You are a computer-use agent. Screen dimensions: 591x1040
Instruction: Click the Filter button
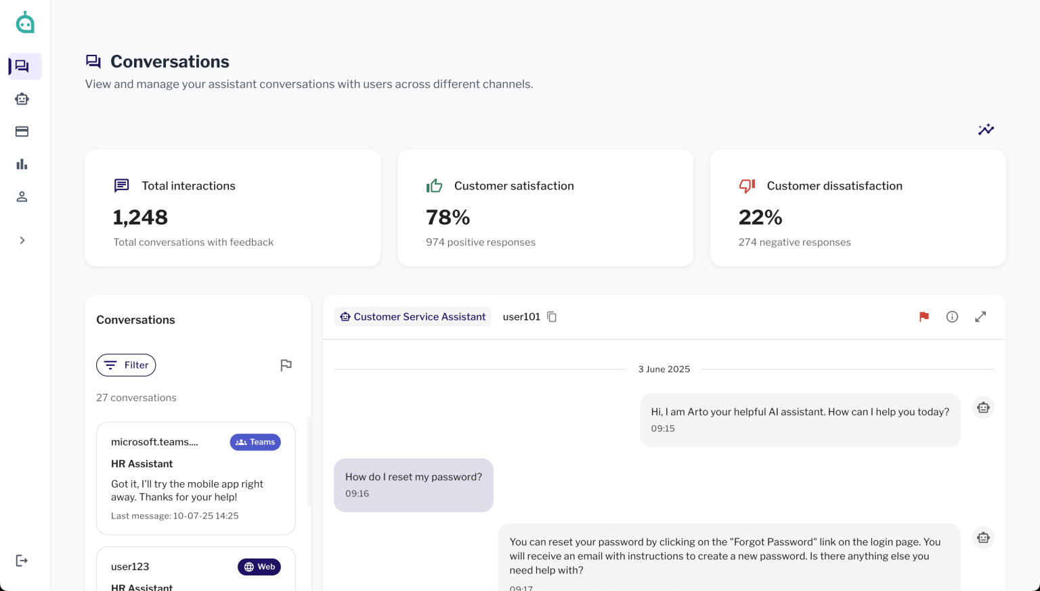tap(126, 365)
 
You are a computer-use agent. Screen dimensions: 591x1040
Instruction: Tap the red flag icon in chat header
tap(924, 316)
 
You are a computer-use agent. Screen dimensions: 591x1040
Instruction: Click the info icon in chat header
tap(952, 316)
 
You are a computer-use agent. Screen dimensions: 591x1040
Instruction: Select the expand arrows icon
tap(980, 316)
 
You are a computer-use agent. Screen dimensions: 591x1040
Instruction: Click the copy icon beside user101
tap(552, 316)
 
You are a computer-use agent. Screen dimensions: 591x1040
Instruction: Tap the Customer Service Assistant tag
tap(412, 316)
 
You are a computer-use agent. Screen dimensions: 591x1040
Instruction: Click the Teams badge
tap(255, 442)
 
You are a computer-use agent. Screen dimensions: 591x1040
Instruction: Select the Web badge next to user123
tap(259, 567)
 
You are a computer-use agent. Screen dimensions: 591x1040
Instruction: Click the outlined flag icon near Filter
tap(286, 365)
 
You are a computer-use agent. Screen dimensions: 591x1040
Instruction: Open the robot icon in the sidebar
tap(22, 99)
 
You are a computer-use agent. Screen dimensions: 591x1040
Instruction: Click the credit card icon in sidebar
tap(22, 132)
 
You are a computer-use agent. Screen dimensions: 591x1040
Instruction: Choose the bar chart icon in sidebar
tap(22, 164)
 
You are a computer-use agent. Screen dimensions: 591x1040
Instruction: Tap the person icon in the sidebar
tap(22, 197)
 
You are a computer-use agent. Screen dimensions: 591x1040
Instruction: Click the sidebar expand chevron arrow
tap(22, 240)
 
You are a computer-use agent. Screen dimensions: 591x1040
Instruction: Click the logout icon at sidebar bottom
tap(22, 561)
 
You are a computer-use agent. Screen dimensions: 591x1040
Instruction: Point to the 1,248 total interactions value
tap(140, 217)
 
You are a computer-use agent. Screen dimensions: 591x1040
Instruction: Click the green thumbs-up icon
tap(434, 186)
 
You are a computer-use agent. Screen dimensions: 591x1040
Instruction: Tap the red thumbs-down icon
tap(747, 186)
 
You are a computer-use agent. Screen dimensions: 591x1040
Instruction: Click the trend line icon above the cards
tap(986, 129)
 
